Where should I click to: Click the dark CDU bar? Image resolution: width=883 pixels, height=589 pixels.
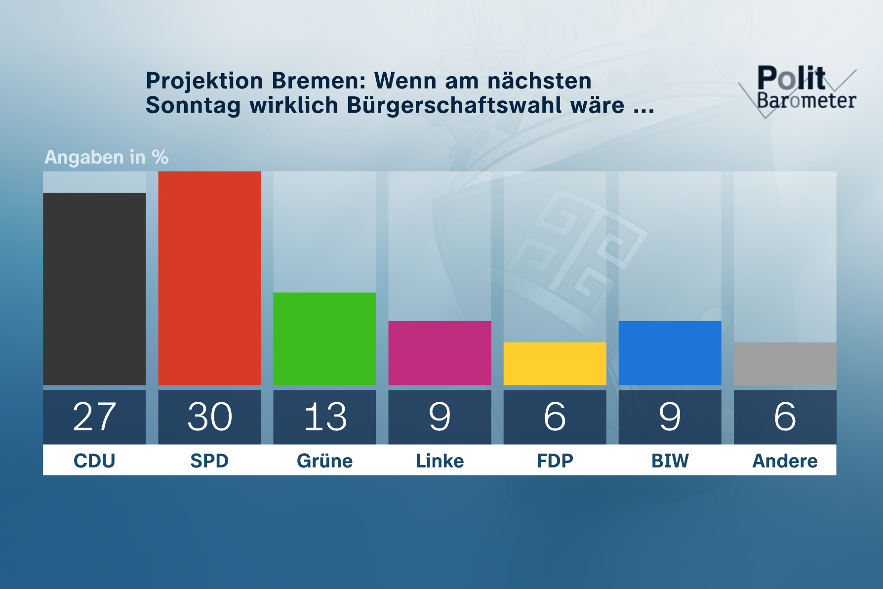[94, 289]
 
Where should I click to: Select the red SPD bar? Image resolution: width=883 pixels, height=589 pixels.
[209, 278]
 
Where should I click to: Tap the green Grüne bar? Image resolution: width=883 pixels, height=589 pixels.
[324, 338]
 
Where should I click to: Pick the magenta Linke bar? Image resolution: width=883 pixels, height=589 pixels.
[440, 353]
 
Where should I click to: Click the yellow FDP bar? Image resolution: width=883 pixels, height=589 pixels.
[555, 363]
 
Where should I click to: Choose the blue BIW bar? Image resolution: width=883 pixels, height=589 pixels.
[670, 353]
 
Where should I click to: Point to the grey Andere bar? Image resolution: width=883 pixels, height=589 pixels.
[785, 363]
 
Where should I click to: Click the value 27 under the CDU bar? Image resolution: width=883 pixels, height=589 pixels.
[94, 417]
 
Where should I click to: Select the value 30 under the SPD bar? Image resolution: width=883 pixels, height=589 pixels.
[209, 417]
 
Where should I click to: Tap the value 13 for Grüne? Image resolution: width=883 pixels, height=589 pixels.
[324, 417]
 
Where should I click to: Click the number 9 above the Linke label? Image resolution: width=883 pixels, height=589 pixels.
[440, 417]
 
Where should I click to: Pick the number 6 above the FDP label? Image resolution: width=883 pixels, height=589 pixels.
[555, 417]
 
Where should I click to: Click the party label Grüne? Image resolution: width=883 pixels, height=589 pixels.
[324, 461]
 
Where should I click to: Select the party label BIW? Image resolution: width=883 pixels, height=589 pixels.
[670, 461]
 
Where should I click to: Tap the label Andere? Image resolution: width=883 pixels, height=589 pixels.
[785, 461]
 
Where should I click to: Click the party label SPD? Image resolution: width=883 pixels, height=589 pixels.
[209, 461]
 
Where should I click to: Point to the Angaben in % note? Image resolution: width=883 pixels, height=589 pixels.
[106, 157]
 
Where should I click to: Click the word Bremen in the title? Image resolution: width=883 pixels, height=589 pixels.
[319, 81]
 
